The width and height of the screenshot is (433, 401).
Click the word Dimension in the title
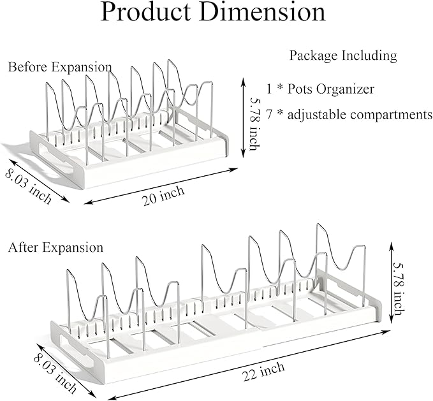click(263, 12)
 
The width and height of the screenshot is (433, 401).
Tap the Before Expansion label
click(60, 67)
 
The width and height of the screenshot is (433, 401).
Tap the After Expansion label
click(55, 247)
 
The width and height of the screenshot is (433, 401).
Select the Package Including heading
click(343, 55)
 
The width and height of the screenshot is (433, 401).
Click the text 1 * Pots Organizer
click(320, 89)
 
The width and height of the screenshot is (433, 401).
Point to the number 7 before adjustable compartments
click(269, 114)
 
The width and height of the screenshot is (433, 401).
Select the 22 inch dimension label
click(264, 371)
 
